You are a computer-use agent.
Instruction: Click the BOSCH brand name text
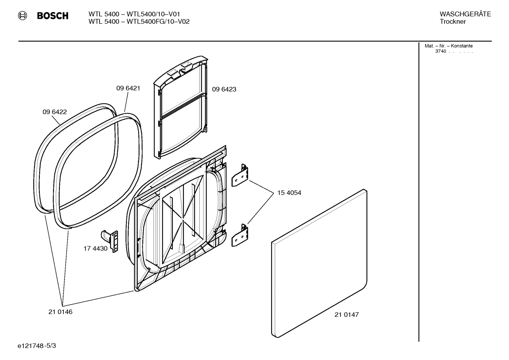pyautogui.click(x=53, y=16)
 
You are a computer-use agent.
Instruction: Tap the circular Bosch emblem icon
pyautogui.click(x=22, y=16)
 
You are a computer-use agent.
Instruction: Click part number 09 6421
pyautogui.click(x=128, y=88)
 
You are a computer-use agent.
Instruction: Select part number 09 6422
pyautogui.click(x=55, y=112)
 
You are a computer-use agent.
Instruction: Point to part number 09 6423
pyautogui.click(x=224, y=89)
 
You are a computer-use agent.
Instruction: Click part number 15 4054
pyautogui.click(x=289, y=193)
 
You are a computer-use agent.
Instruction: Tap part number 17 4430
pyautogui.click(x=95, y=248)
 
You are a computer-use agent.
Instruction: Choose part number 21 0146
pyautogui.click(x=60, y=312)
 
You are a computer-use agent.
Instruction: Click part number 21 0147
pyautogui.click(x=346, y=314)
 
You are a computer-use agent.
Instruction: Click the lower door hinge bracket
pyautogui.click(x=240, y=236)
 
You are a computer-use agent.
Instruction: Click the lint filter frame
pyautogui.click(x=180, y=106)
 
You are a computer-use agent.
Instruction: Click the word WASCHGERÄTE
pyautogui.click(x=465, y=14)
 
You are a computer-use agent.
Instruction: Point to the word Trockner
pyautogui.click(x=453, y=22)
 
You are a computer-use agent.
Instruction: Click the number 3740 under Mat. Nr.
pyautogui.click(x=440, y=51)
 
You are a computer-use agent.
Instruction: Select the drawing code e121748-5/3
pyautogui.click(x=36, y=346)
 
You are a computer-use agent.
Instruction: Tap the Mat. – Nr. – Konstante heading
pyautogui.click(x=448, y=46)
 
